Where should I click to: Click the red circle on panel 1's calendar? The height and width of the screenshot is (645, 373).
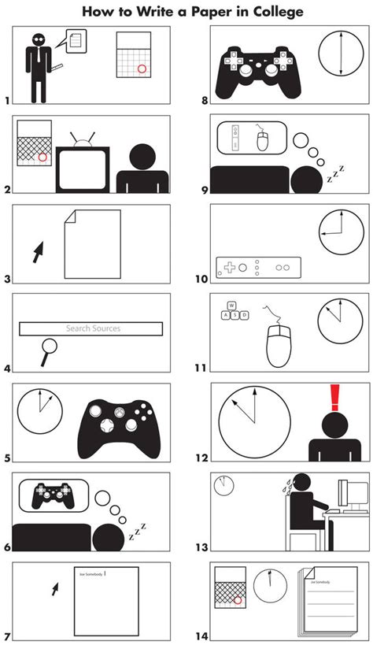tap(142, 69)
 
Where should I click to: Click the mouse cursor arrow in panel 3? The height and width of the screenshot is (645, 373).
tap(36, 252)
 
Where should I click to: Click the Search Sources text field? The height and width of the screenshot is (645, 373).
tap(93, 328)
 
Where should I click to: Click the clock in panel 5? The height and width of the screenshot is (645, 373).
tap(39, 413)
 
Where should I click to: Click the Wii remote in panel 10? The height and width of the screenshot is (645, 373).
tap(258, 267)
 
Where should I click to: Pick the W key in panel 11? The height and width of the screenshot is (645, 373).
tap(232, 306)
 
